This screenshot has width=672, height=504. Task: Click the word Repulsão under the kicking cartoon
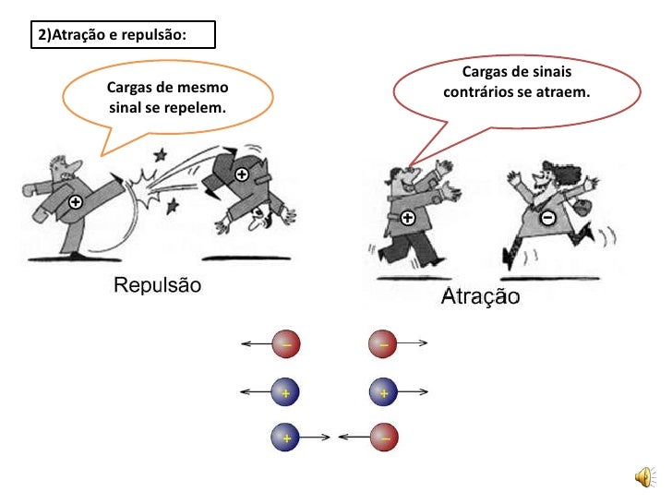[x=157, y=285]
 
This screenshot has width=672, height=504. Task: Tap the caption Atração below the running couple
[x=480, y=296]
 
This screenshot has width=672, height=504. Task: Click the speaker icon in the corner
[x=645, y=477]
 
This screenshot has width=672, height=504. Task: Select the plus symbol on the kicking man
[x=76, y=202]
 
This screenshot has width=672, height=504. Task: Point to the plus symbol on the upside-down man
[x=242, y=174]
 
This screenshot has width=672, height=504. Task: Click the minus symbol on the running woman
[x=547, y=218]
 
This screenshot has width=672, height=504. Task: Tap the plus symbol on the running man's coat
[x=408, y=218]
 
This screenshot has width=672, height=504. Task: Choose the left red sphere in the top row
[x=286, y=343]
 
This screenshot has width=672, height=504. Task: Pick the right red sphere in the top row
[x=383, y=343]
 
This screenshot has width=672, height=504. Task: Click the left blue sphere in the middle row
[x=285, y=392]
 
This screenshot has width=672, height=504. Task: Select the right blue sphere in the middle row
[x=384, y=392]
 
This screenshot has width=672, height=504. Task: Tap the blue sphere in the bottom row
[x=285, y=438]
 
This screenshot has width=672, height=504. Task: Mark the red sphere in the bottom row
[x=384, y=438]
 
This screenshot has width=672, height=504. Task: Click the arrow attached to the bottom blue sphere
[x=314, y=438]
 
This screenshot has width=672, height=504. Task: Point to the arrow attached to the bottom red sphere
[x=354, y=438]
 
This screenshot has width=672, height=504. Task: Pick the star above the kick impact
[x=161, y=155]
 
